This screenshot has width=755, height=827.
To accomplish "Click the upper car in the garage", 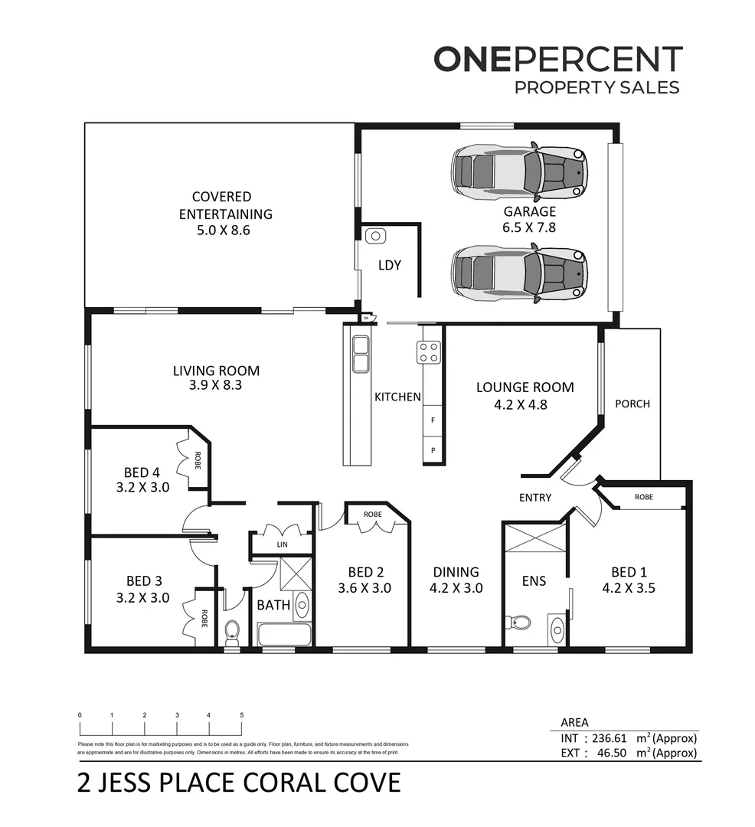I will click(x=519, y=172).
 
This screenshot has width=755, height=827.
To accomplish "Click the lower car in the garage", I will click(x=519, y=273).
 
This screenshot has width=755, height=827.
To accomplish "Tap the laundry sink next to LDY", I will click(x=374, y=236).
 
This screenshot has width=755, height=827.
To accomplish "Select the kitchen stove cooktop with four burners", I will click(x=428, y=352).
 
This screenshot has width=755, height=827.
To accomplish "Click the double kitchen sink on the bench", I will click(x=359, y=355).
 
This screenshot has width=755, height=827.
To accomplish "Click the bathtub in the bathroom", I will click(x=284, y=635).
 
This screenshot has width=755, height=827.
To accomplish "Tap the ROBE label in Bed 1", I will click(x=644, y=497).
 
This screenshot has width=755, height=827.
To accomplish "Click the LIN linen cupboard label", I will click(x=281, y=544).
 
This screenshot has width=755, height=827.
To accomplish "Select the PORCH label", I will click(x=632, y=404).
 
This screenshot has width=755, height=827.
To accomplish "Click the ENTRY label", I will click(x=534, y=498).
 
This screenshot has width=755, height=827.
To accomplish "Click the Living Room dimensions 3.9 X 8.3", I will click(x=216, y=386).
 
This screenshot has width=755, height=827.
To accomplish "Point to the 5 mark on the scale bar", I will click(x=242, y=715).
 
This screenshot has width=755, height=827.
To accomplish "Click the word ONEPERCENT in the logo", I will click(x=557, y=60).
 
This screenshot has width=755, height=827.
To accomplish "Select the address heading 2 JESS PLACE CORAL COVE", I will click(x=239, y=784).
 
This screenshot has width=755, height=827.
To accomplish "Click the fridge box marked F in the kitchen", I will click(x=433, y=420).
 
